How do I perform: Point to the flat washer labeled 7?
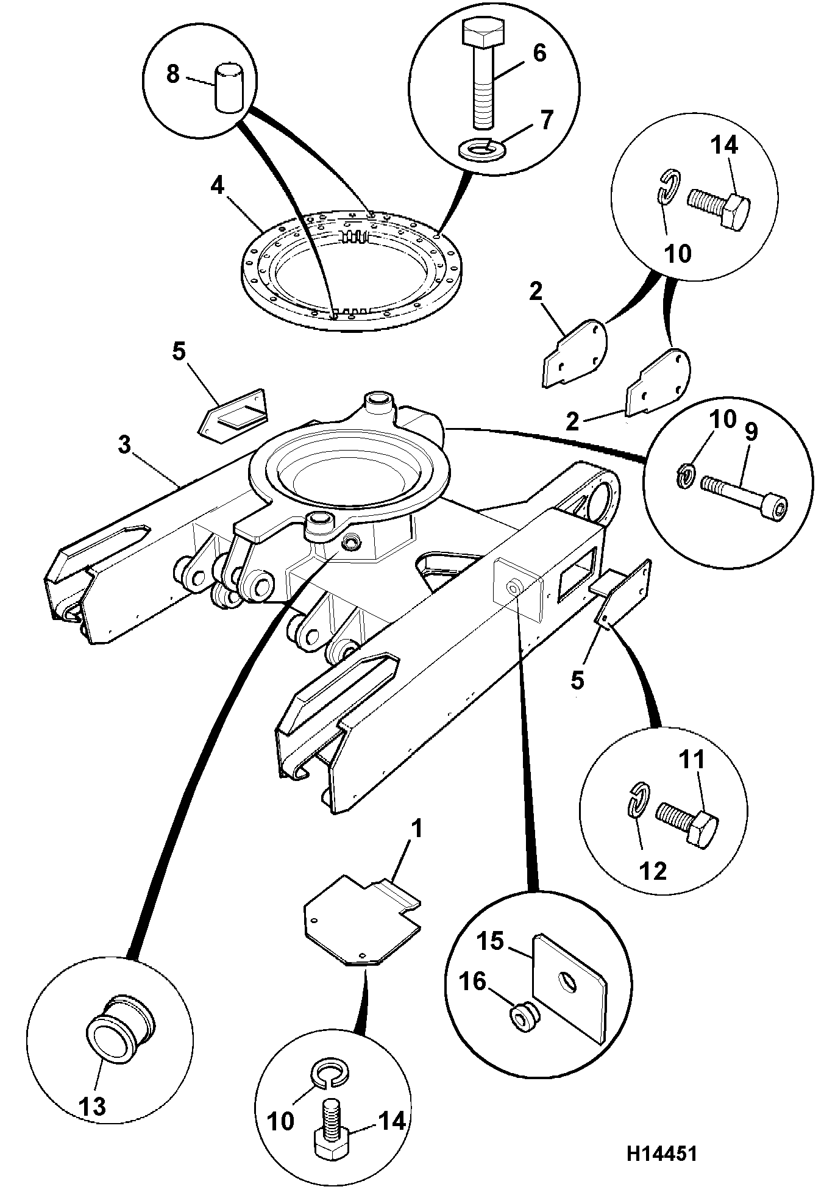[x=481, y=149]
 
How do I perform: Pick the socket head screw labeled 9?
[x=744, y=494]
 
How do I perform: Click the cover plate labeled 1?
[x=362, y=920]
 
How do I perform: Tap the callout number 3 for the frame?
[x=124, y=445]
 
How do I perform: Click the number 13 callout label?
[x=93, y=1105]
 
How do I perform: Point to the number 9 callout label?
[x=750, y=432]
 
